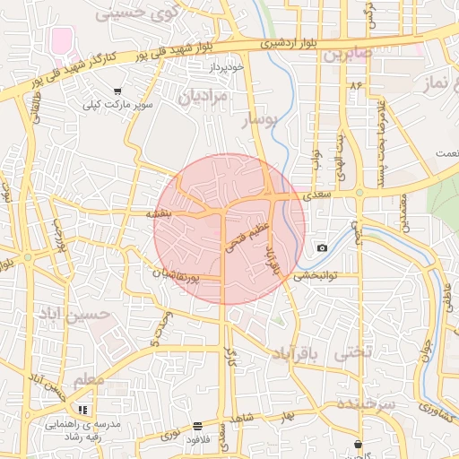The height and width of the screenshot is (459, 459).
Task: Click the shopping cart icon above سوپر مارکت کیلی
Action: (118, 91)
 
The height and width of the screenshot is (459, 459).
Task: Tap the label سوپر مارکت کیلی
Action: (118, 105)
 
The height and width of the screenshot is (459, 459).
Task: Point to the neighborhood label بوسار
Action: (263, 117)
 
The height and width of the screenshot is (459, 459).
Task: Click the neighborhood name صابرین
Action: (348, 54)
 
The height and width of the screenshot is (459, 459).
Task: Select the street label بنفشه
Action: (164, 215)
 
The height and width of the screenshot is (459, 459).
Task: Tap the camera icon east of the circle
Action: (322, 247)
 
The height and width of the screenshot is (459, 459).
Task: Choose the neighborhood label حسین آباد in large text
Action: (74, 315)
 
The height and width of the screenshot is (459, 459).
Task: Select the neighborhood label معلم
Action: (89, 380)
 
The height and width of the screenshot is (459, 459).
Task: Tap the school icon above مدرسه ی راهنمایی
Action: (84, 409)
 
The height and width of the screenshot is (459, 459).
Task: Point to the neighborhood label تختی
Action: (351, 353)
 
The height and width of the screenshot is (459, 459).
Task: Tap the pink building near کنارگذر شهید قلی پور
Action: (62, 40)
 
